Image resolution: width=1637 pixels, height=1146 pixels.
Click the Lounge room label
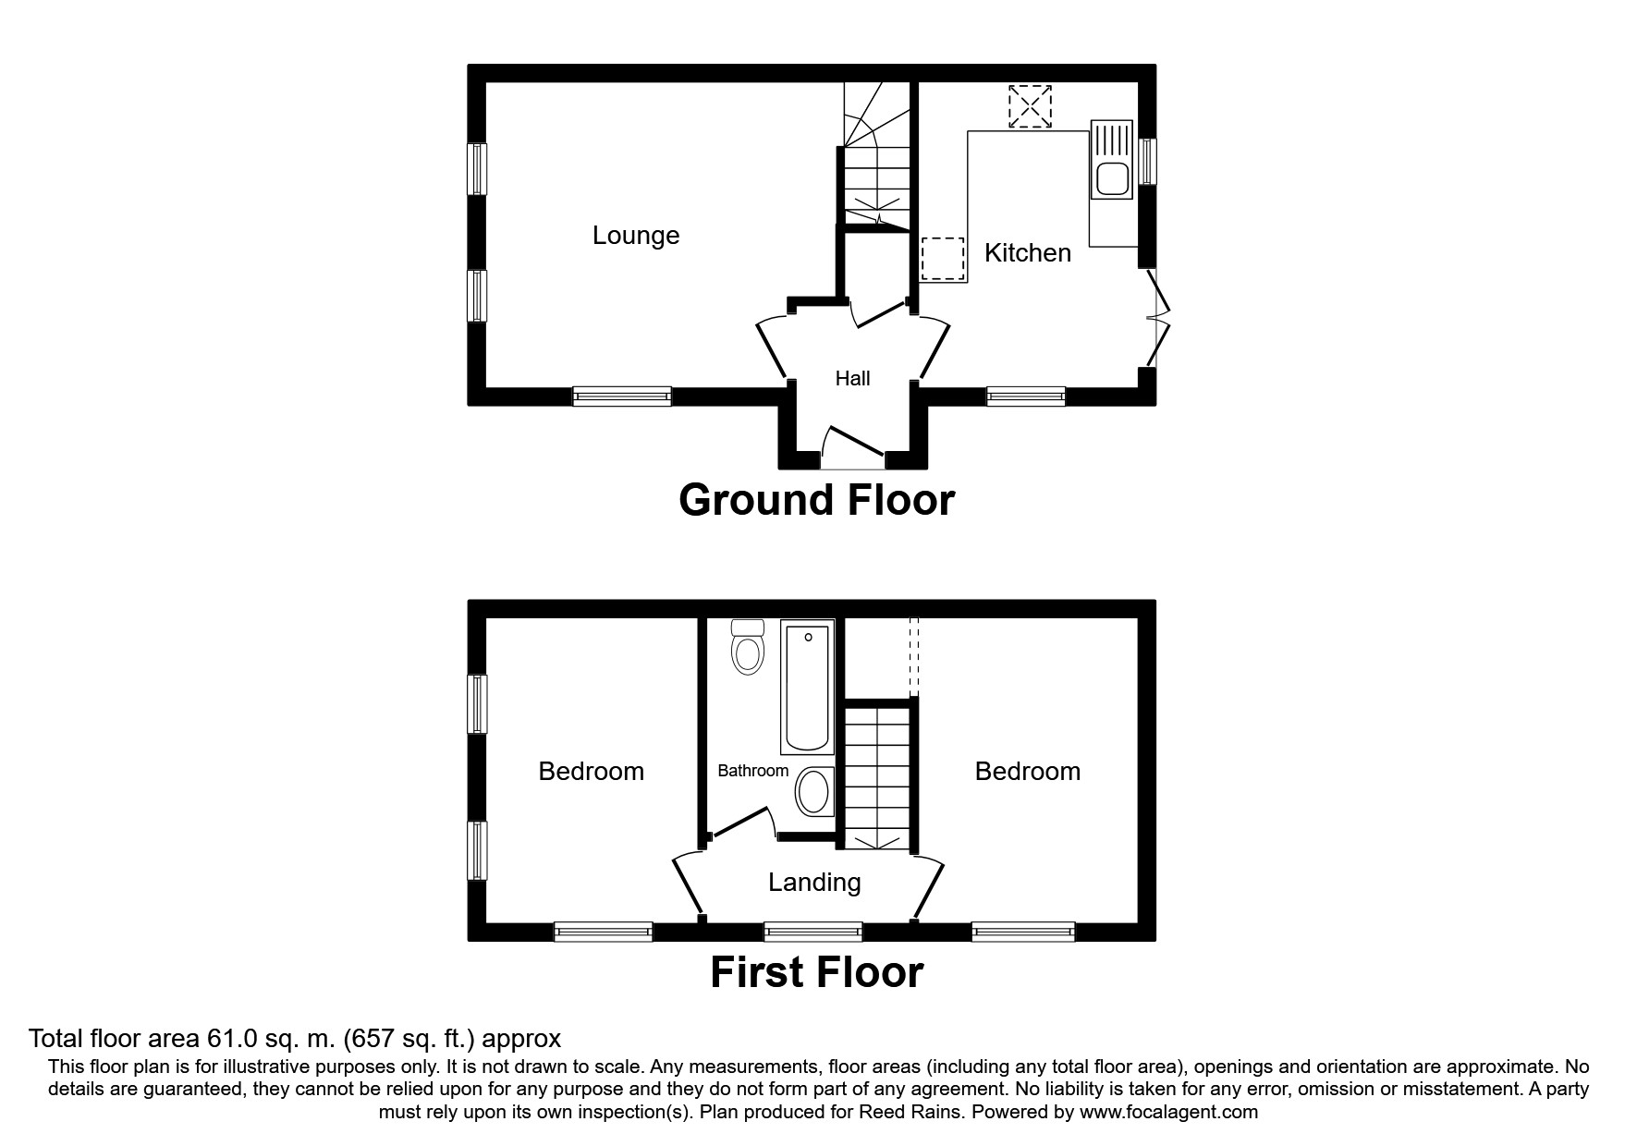(x=636, y=236)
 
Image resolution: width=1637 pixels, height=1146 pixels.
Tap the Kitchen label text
(x=1028, y=252)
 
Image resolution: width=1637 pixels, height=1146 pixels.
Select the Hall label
(x=852, y=378)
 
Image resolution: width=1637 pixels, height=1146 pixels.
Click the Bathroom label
(x=753, y=771)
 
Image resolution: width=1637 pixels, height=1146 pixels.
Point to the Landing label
(x=814, y=883)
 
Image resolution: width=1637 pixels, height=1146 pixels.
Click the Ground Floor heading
(x=816, y=500)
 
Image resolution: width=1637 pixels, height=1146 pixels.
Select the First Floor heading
(x=816, y=972)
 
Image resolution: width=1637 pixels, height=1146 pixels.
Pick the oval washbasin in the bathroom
(x=813, y=793)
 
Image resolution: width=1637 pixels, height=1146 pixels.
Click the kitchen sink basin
(x=1110, y=179)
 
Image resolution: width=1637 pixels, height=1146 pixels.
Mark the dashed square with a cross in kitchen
(x=1030, y=106)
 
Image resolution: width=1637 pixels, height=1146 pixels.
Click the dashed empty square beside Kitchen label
(x=943, y=258)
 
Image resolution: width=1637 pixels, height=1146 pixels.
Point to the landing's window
(x=813, y=931)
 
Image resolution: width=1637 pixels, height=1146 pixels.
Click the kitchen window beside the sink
(x=1147, y=161)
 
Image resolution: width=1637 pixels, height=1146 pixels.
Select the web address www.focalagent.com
(x=1169, y=1112)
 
